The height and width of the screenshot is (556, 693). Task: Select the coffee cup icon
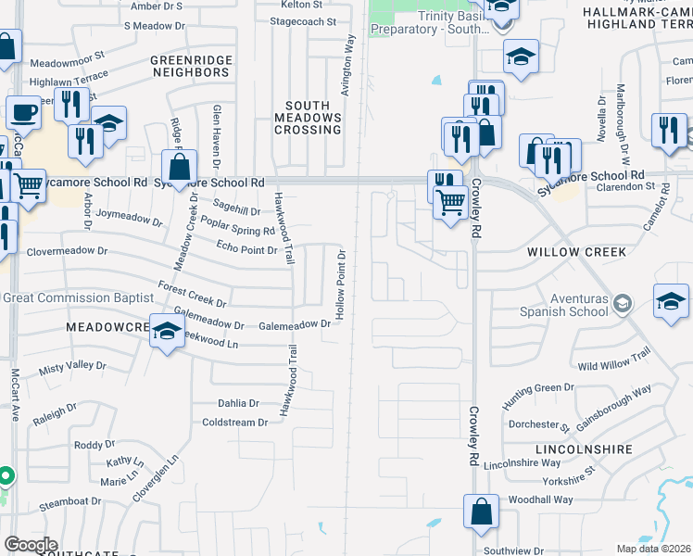pos(24,113)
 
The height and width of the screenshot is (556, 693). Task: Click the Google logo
pos(31,545)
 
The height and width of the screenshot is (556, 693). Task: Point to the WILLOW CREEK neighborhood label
pos(576,252)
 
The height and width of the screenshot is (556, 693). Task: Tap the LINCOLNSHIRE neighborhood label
pos(584,449)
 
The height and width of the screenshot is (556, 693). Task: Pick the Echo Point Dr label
pos(246,250)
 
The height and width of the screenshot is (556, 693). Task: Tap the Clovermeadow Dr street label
pos(68,251)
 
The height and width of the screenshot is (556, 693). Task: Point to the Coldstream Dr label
pos(234,423)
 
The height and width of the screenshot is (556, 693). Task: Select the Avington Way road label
pos(349,65)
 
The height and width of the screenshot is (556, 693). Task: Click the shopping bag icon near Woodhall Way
pos(482,512)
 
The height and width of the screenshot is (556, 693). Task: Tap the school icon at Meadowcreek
pos(167,332)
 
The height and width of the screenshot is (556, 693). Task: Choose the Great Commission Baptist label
pos(78,297)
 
